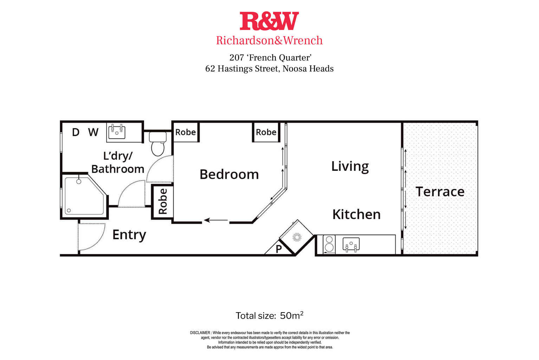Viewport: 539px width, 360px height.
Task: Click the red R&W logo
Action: coord(269,21)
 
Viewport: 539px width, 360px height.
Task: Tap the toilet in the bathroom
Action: coord(158,144)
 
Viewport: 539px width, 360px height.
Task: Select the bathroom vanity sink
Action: coord(117,132)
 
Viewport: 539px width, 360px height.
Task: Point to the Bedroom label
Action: coord(229,174)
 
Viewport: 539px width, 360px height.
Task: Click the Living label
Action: coord(350,166)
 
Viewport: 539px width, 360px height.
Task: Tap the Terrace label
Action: coord(440,192)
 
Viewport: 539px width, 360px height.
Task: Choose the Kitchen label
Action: coord(356,214)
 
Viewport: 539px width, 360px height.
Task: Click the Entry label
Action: coord(129,235)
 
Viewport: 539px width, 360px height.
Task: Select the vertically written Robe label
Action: coord(163,201)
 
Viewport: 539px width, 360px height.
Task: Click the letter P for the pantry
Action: coord(279,249)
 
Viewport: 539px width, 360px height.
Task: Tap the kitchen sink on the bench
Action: coord(351,244)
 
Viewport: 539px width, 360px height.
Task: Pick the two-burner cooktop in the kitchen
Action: coord(329,244)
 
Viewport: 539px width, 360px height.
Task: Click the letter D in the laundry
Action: coord(76,132)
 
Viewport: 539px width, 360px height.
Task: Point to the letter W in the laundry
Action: coord(93,132)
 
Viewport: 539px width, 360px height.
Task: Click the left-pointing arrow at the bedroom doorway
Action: coord(216,220)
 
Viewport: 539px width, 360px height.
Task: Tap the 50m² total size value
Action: coord(292,315)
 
